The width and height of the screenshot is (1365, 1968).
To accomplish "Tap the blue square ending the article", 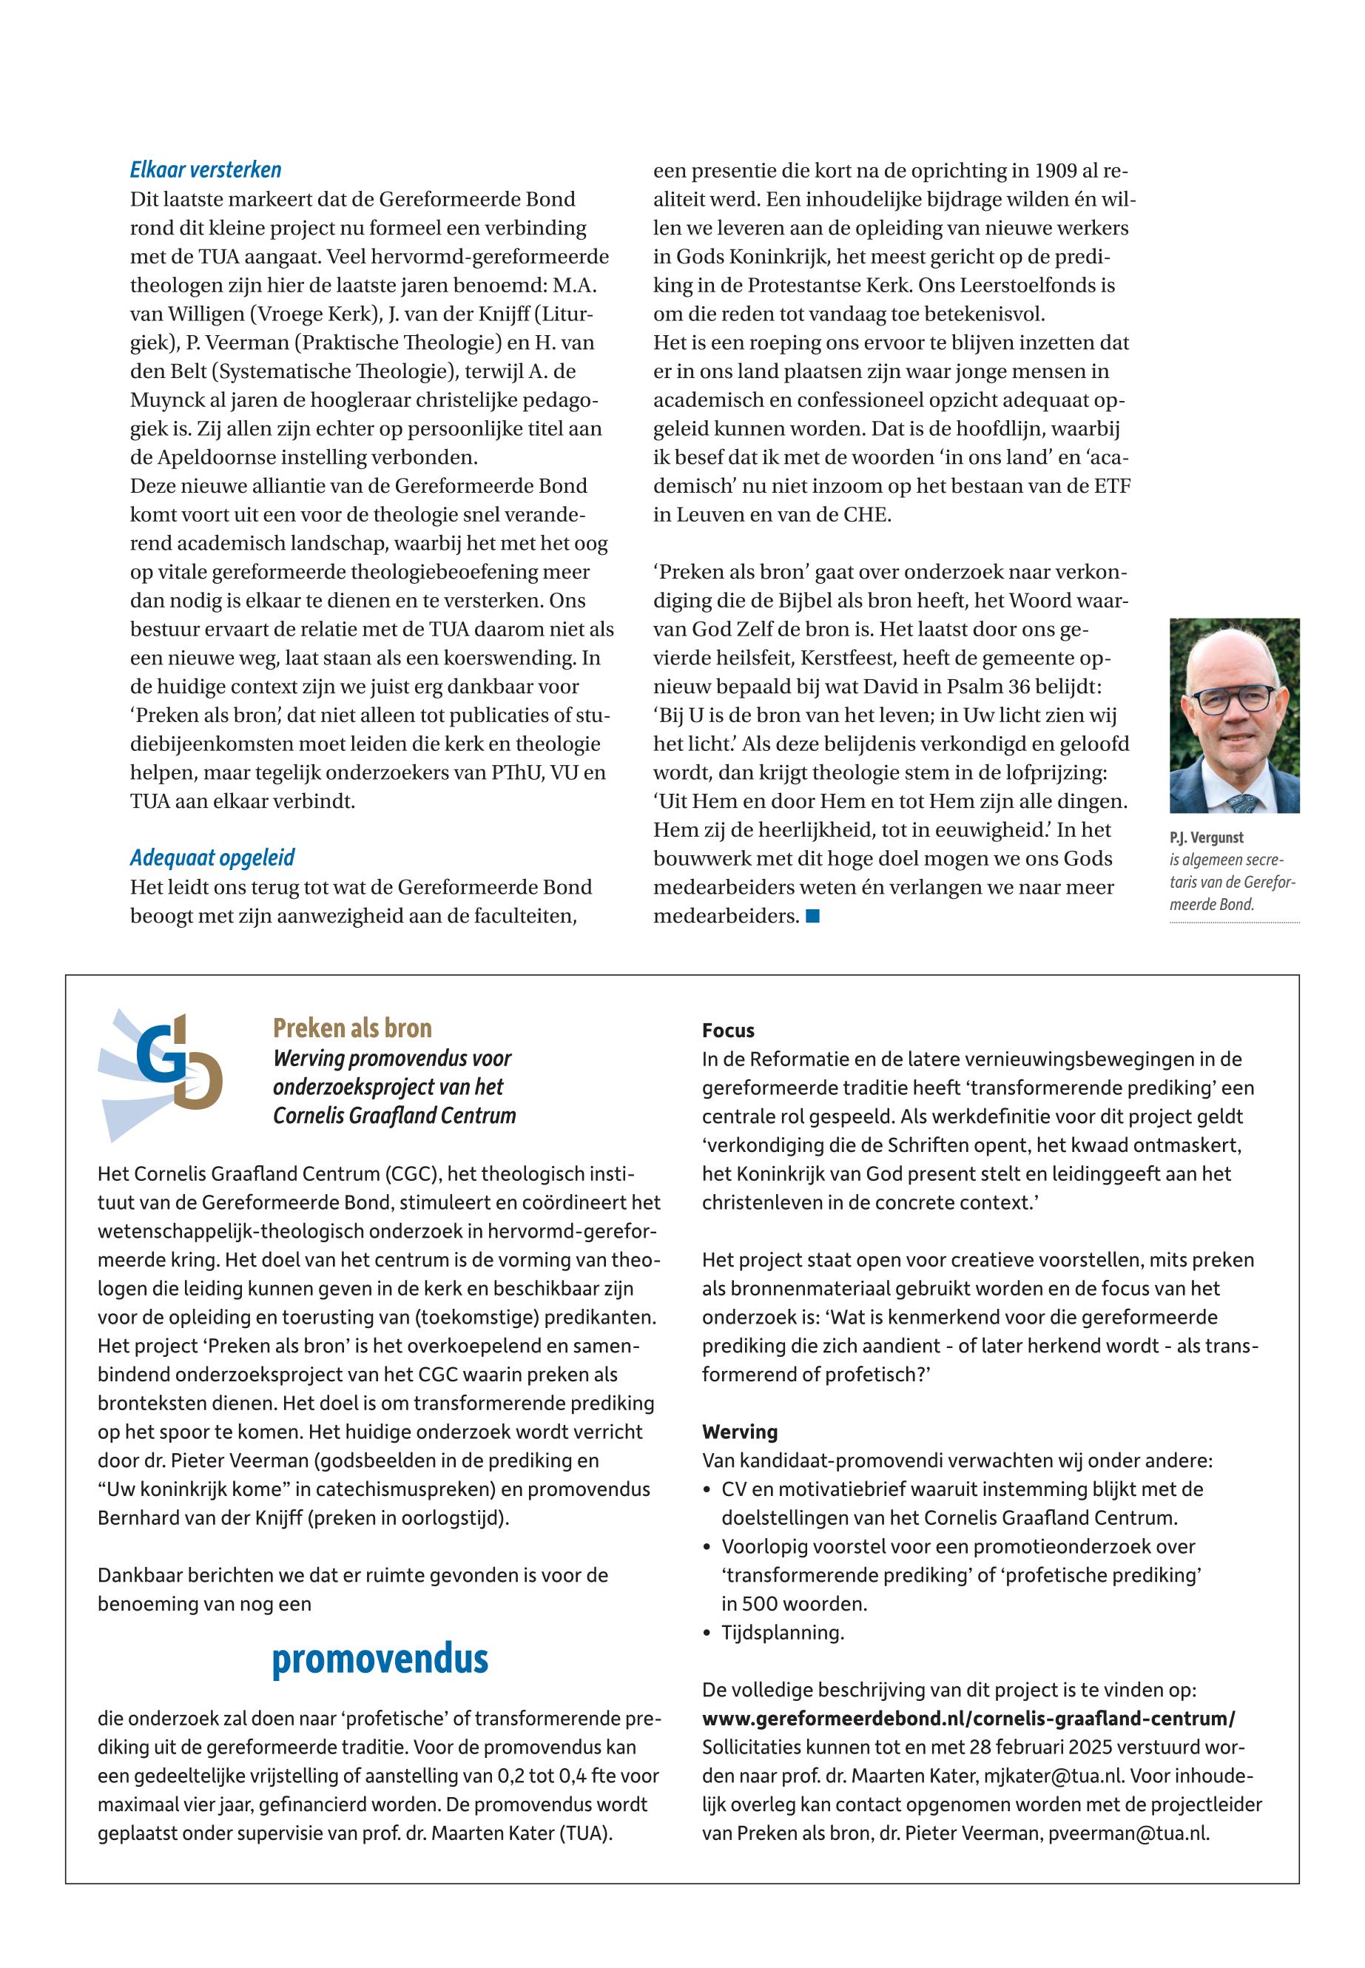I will coord(812,916).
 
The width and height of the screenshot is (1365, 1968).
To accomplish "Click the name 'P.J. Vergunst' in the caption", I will coord(1206,838).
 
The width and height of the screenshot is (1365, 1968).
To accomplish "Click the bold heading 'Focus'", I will coord(728,1031).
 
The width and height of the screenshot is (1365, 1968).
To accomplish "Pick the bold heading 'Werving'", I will coord(740,1432).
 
